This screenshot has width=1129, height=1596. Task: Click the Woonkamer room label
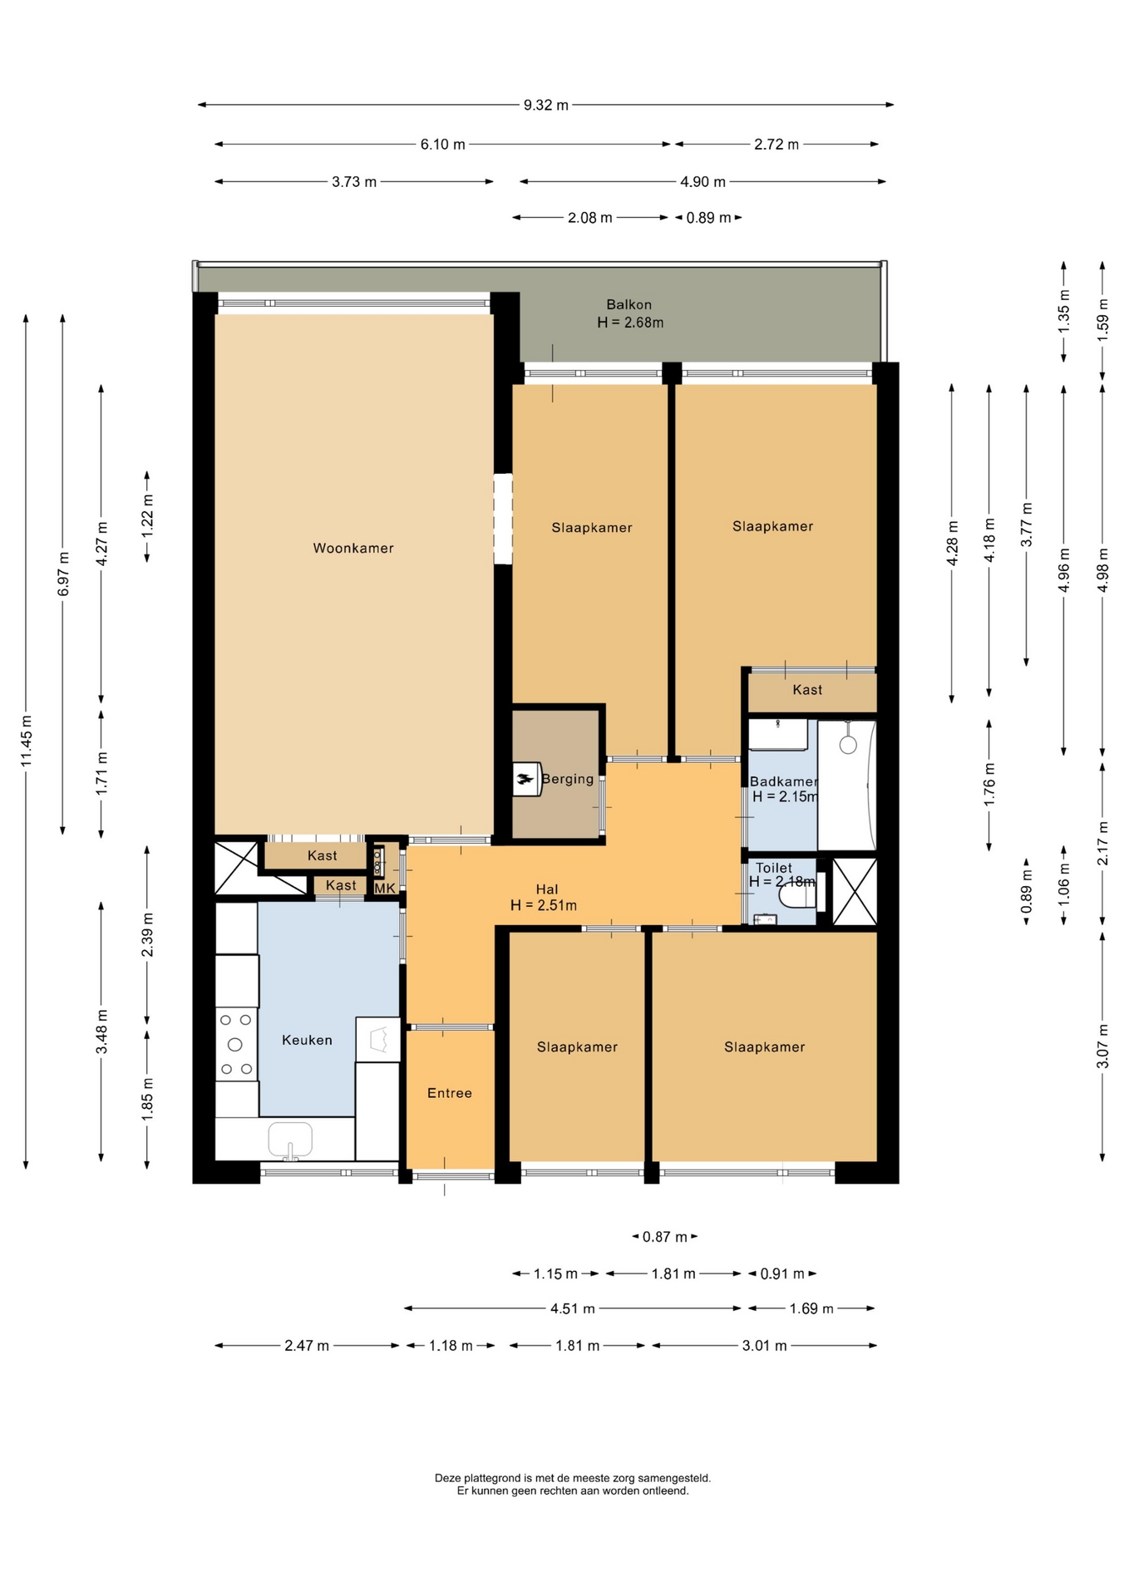tap(353, 548)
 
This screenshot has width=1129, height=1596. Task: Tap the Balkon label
tap(629, 304)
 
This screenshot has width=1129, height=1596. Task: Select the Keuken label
tap(307, 1040)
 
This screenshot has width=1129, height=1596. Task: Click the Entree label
tap(450, 1093)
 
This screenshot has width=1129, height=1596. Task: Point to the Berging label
tap(568, 779)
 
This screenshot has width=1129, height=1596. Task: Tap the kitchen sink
tap(289, 1140)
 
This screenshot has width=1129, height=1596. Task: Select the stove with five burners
tap(236, 1044)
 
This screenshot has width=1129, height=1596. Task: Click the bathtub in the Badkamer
tap(847, 786)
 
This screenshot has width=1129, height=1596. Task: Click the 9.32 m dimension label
tap(546, 105)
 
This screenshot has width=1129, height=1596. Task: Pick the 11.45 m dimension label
tap(27, 741)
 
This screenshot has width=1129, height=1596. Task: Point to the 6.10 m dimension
tap(442, 144)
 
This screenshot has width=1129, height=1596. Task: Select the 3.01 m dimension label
tap(764, 1345)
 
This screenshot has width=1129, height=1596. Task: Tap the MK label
tap(385, 889)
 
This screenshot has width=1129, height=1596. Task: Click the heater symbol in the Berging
tap(527, 779)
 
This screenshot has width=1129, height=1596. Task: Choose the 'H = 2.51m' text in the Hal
tap(544, 905)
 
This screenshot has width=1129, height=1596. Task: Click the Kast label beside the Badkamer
tap(807, 690)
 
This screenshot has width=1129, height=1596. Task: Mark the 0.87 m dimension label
tap(665, 1237)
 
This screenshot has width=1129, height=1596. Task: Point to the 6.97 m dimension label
tap(64, 574)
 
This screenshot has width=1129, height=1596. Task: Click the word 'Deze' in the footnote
tap(447, 1478)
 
